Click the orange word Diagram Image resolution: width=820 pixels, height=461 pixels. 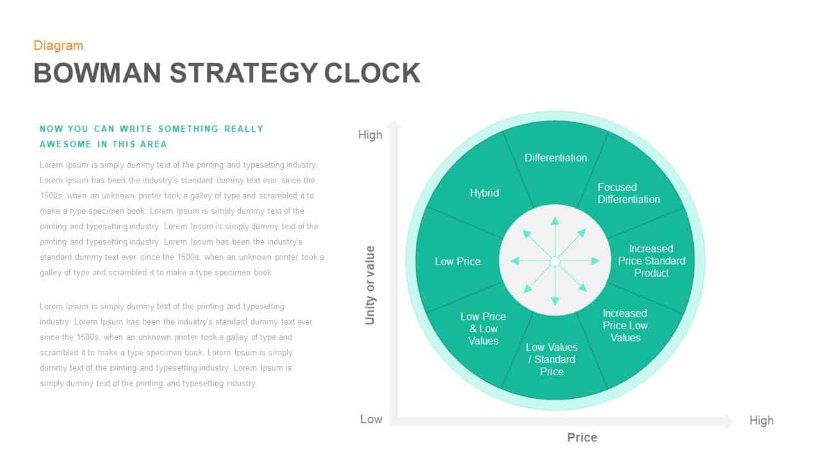click(x=58, y=45)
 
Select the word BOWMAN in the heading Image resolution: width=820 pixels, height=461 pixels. click(x=97, y=73)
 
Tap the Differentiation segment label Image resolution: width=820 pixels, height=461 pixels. click(x=555, y=158)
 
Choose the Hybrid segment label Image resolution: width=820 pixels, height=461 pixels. click(x=484, y=193)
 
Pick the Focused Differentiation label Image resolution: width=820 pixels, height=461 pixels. click(x=628, y=193)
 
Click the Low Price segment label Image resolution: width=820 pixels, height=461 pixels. click(x=457, y=261)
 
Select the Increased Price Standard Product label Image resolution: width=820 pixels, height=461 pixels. click(x=652, y=261)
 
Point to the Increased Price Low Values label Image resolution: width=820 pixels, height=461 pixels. click(x=625, y=325)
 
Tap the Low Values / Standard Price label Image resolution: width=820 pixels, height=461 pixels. click(x=552, y=359)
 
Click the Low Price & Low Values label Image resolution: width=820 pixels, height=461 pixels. click(x=483, y=328)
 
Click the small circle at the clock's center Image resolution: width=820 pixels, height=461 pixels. click(x=555, y=261)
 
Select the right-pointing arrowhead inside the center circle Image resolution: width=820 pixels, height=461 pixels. click(x=595, y=261)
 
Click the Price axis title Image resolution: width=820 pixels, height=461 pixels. click(x=582, y=437)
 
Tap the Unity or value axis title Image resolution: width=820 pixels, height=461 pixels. click(x=370, y=285)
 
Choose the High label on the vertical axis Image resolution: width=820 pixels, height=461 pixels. click(x=370, y=134)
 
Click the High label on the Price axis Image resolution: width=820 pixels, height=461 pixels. click(x=761, y=420)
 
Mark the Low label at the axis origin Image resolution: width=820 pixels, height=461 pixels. click(x=371, y=419)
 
